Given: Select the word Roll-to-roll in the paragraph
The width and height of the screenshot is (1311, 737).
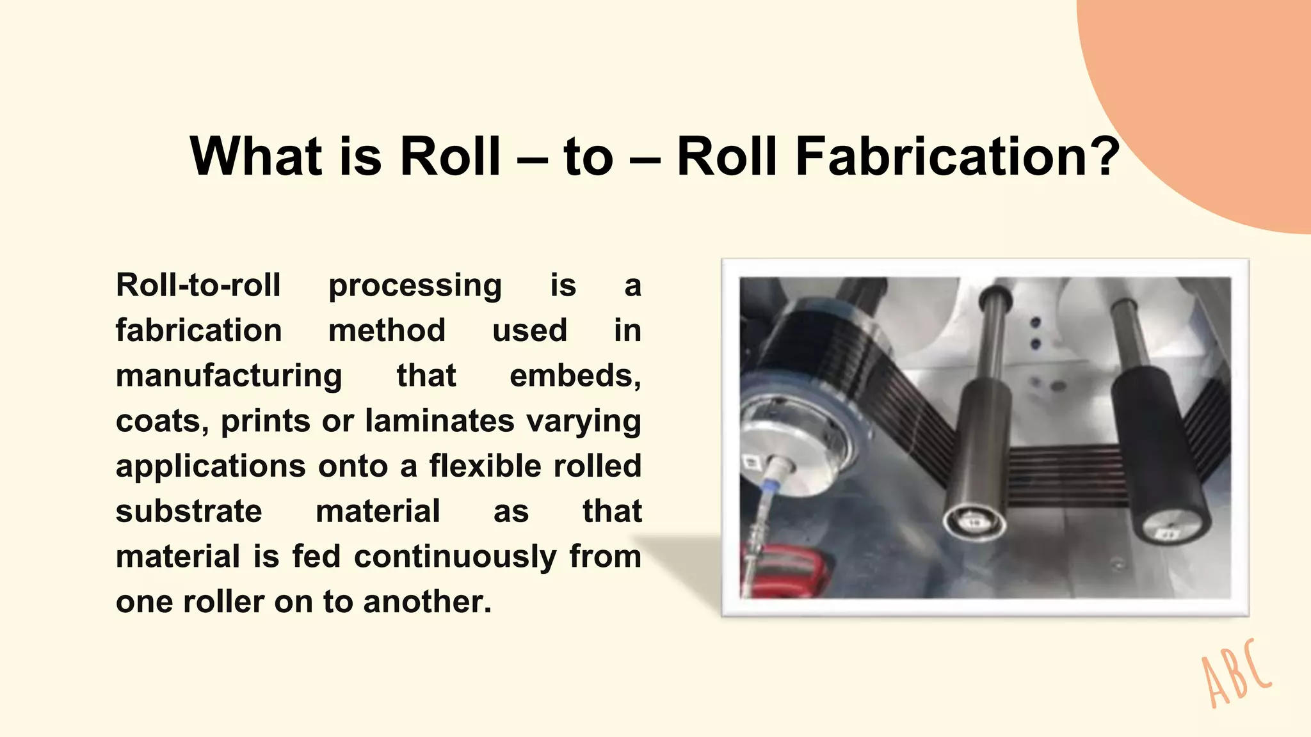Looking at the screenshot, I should coord(198,285).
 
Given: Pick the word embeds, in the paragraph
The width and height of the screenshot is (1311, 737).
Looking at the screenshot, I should coord(575,376).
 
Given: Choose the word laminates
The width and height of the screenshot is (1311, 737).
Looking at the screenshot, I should coord(440,421).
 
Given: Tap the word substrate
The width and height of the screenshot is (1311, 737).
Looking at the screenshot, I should coord(189,512).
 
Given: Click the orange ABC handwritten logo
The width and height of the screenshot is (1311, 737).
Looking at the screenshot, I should coord(1235,676).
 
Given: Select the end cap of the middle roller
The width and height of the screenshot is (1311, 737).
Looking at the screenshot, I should coord(974,522).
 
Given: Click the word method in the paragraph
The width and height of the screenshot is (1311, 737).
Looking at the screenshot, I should coord(387,331).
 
